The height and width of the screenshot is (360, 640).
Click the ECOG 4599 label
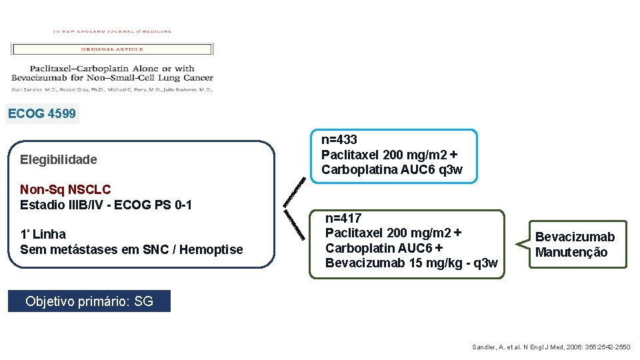coord(42,114)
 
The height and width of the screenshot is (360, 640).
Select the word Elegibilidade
coord(59,159)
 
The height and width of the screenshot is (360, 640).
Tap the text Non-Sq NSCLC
coord(65,190)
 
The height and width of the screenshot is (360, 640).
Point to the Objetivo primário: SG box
coord(89,301)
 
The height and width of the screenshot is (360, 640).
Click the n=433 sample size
coord(339,140)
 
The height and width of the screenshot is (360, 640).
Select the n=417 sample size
coord(343,218)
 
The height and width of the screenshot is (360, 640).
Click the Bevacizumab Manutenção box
coord(575,245)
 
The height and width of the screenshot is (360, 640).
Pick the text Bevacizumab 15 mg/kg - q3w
coord(411,263)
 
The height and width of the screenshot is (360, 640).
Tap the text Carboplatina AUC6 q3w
coord(391,169)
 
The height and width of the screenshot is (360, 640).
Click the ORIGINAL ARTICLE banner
coord(111,49)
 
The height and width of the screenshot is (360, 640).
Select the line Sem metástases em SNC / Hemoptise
coord(131,249)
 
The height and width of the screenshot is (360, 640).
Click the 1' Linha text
coord(43,234)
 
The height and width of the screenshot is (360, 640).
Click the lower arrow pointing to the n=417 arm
coord(294,225)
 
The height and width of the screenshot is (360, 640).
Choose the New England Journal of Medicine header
coord(112,31)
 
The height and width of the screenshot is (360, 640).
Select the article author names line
coord(112,89)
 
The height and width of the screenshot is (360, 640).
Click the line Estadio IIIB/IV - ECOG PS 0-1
coord(106,205)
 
